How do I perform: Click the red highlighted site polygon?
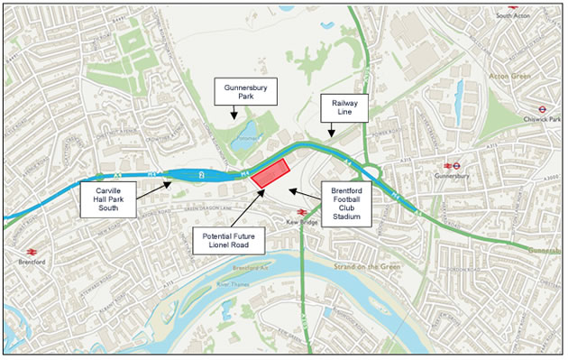point(270,173)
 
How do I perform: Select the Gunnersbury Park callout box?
point(245,92)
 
